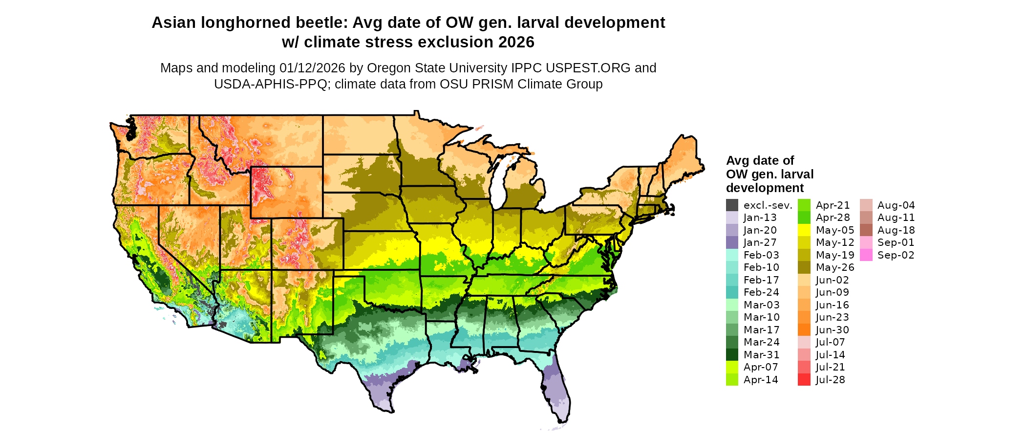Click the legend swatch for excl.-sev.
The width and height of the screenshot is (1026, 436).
pyautogui.click(x=732, y=205)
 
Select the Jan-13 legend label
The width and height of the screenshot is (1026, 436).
pyautogui.click(x=760, y=218)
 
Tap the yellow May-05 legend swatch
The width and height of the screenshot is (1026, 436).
pyautogui.click(x=804, y=230)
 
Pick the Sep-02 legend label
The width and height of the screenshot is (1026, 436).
pyautogui.click(x=896, y=255)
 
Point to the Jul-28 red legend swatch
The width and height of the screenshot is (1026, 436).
pyautogui.click(x=804, y=380)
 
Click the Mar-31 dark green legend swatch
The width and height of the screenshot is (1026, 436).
pyautogui.click(x=732, y=355)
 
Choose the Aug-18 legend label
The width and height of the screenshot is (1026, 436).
pyautogui.click(x=896, y=230)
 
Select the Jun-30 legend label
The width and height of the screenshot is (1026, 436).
pyautogui.click(x=832, y=330)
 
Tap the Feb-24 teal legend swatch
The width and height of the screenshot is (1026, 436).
pyautogui.click(x=732, y=292)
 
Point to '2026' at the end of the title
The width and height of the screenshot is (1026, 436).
pyautogui.click(x=516, y=43)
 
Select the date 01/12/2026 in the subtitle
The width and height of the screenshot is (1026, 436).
pyautogui.click(x=312, y=68)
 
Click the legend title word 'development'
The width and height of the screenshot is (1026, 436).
pyautogui.click(x=765, y=188)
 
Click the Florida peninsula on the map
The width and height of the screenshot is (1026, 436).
pyautogui.click(x=557, y=391)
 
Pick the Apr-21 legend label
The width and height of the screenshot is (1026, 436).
pyautogui.click(x=833, y=205)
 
